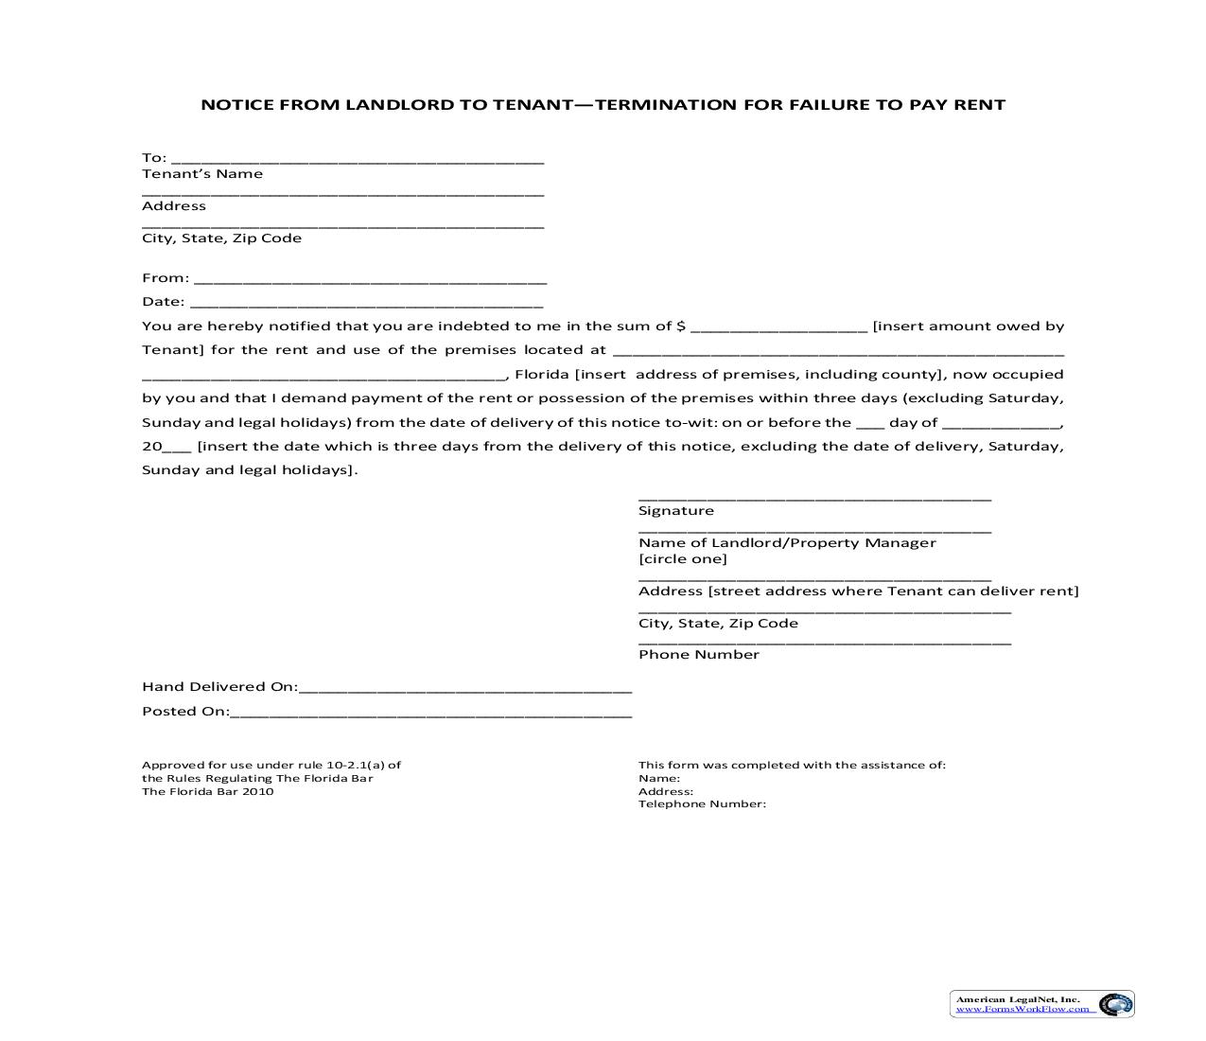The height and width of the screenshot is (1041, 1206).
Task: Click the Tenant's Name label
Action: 202,174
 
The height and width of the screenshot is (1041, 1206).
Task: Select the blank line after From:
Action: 370,281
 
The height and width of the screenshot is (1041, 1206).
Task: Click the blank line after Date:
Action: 367,305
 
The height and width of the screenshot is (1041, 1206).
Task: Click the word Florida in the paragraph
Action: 541,374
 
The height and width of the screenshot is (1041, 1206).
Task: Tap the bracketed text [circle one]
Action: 683,559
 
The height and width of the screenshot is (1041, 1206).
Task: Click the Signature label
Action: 676,511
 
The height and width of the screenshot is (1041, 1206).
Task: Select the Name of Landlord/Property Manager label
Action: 787,543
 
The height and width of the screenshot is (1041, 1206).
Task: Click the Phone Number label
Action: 699,655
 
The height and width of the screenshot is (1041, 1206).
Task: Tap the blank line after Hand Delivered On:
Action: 464,690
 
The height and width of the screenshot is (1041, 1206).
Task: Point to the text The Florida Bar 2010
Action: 208,792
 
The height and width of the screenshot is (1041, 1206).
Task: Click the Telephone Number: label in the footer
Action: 702,804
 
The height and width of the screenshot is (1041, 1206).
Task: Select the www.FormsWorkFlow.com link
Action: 1022,1010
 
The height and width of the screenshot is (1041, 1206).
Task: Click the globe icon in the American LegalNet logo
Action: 1115,1004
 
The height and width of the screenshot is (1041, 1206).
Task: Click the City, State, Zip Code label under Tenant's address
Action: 221,238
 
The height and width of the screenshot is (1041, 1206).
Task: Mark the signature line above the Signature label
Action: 814,498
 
